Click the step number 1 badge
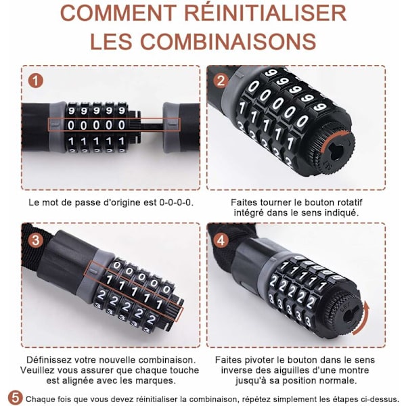click(35, 81)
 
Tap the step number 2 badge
click(221, 81)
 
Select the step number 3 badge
click(35, 240)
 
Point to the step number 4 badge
click(221, 240)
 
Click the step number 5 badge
click(15, 398)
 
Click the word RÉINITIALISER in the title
click(265, 14)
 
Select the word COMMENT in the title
click(118, 14)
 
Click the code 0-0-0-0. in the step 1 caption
click(176, 202)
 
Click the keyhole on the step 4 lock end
click(351, 315)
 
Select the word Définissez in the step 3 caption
click(49, 360)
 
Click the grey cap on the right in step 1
click(172, 127)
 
